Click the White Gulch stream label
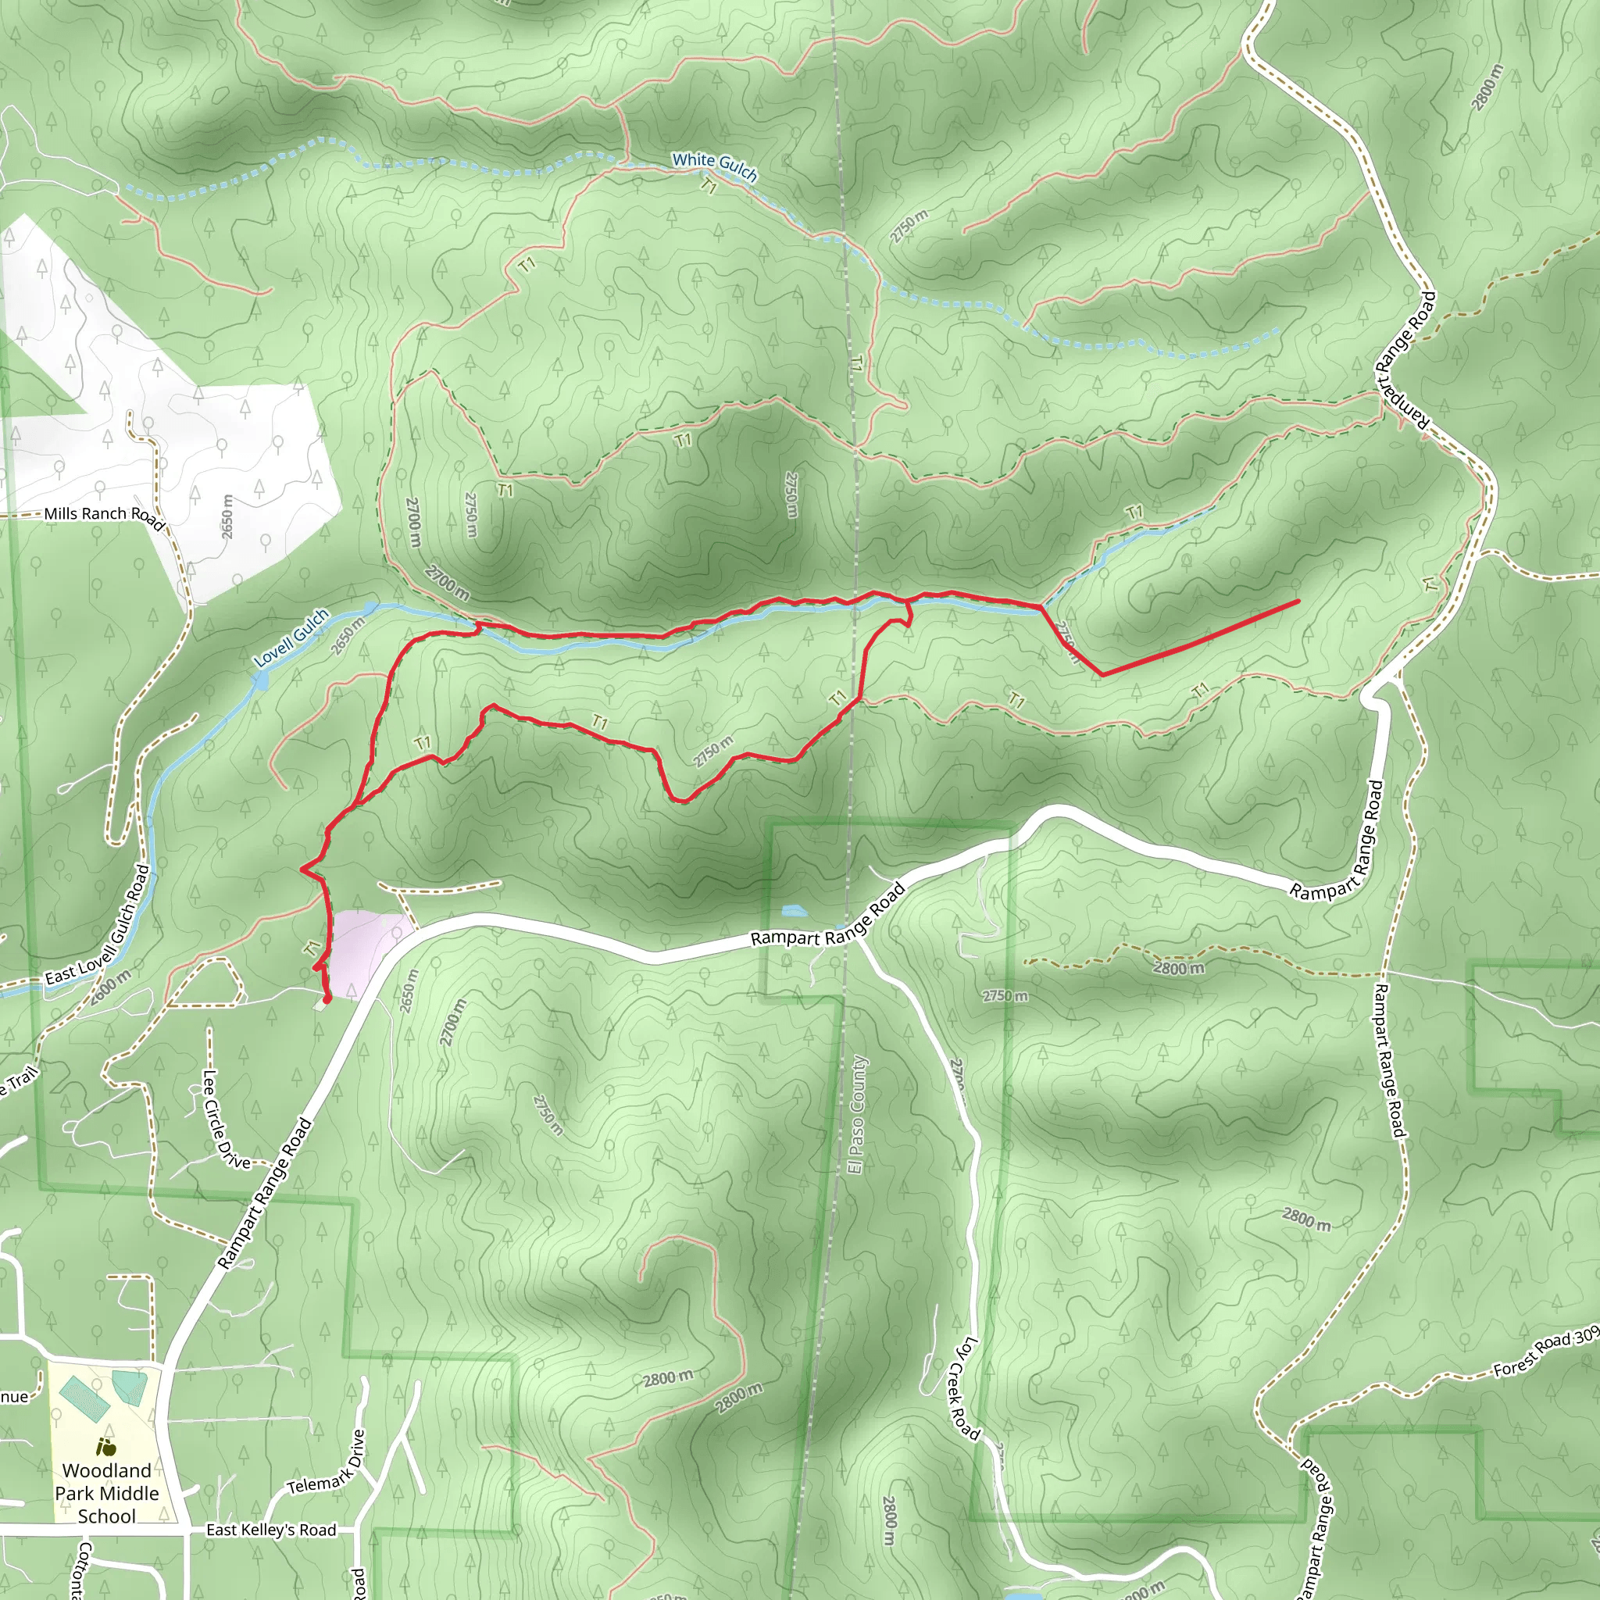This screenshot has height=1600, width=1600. [x=714, y=166]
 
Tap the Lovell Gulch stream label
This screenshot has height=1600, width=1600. [x=291, y=637]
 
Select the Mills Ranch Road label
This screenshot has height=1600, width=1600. [x=105, y=516]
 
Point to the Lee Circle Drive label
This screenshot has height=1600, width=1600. [x=225, y=1120]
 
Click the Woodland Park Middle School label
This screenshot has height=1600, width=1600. [x=107, y=1493]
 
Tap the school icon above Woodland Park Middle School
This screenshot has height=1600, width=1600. [x=106, y=1447]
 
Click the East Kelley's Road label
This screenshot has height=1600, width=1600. [x=271, y=1530]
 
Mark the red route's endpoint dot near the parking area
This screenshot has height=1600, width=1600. [x=327, y=999]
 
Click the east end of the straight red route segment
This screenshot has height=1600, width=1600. [x=1298, y=601]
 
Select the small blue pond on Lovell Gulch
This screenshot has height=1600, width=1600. [x=262, y=680]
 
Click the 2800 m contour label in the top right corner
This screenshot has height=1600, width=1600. [x=1487, y=87]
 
